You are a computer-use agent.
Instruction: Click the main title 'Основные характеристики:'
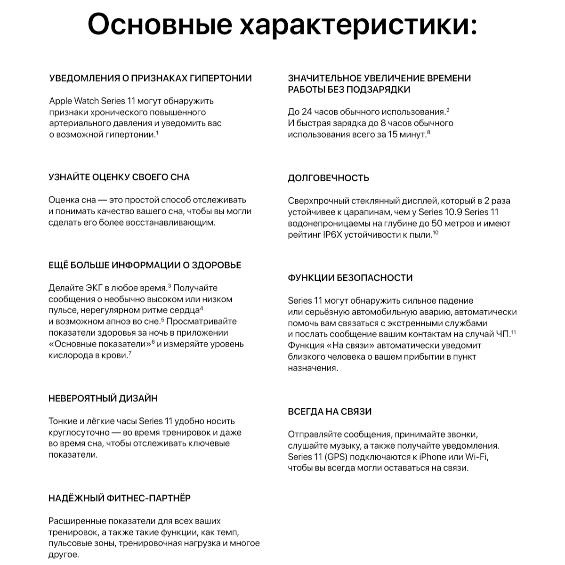282,24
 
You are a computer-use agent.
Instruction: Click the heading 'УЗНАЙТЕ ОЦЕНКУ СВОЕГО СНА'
119,178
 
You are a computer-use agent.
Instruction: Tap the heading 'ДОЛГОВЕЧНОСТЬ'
328,178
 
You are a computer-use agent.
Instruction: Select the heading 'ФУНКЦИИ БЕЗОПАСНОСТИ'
350,278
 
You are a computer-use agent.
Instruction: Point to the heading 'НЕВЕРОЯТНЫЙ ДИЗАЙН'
103,398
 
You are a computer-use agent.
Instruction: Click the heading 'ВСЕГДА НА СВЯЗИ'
330,412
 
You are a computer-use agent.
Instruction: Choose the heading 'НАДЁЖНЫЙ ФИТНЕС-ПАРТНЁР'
120,498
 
